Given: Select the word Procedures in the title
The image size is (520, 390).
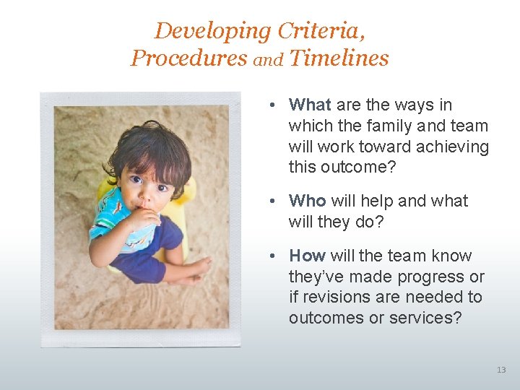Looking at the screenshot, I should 188,58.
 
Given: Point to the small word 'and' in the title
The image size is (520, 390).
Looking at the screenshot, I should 268,61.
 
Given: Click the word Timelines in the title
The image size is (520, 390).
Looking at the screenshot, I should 339,58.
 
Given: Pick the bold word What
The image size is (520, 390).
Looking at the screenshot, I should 309,105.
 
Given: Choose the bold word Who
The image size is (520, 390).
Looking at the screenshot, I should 307,201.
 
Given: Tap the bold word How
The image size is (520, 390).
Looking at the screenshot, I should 308,256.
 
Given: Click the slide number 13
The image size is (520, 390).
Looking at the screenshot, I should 501,370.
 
